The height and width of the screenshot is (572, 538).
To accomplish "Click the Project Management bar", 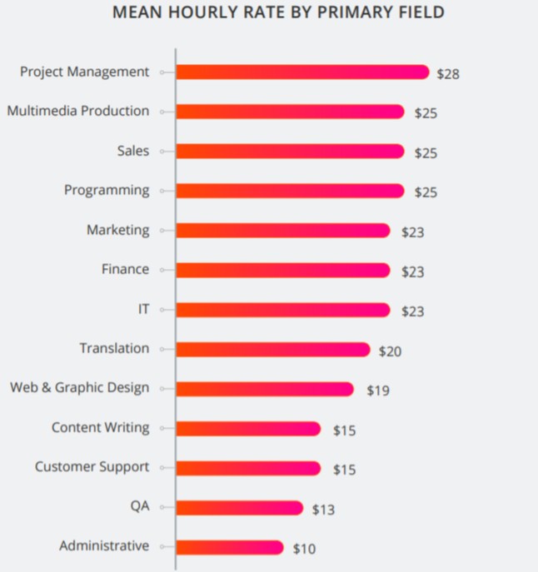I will (301, 72).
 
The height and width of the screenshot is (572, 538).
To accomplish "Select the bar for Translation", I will (272, 350).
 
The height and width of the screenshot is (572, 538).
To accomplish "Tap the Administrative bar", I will (229, 547).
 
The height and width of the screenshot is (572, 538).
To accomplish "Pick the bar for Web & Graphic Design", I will (264, 389).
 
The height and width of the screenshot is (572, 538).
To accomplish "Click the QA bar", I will (239, 508).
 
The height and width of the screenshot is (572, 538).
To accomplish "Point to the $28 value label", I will (448, 73).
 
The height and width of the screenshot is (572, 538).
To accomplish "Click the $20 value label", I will (390, 351).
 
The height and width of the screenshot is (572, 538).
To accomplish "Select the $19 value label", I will (378, 390).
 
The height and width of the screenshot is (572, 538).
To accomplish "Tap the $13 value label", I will (323, 509).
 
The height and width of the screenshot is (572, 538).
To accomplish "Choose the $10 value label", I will (304, 548).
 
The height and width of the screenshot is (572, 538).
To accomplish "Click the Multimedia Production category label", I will (78, 112).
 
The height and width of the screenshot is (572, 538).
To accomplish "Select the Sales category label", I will (133, 151).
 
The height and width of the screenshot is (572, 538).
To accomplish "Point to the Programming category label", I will (107, 191).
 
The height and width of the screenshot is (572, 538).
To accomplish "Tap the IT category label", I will (143, 309).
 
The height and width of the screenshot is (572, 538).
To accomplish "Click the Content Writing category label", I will (101, 428).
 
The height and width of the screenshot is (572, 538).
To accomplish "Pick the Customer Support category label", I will (92, 467).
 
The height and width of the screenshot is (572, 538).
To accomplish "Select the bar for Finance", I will (282, 270).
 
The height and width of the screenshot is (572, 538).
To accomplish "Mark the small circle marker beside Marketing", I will (162, 231).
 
